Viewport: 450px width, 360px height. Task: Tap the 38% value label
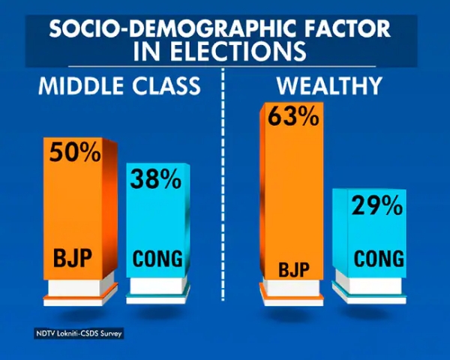point(156,179)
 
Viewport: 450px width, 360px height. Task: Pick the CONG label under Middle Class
point(157,259)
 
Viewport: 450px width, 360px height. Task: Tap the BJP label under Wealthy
point(290,268)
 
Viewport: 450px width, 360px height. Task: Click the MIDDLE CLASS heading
point(120,85)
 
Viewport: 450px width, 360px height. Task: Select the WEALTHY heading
point(329,85)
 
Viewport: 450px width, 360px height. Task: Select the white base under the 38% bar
point(157,286)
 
